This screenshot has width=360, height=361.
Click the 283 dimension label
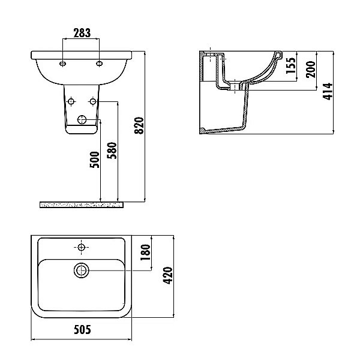tap(82, 33)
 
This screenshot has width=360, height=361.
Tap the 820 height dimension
tap(139, 125)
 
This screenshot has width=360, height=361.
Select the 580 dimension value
tap(112, 151)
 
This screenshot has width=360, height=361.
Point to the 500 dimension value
tap(94, 160)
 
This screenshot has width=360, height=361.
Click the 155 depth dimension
tap(290, 65)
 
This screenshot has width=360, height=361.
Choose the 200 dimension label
tap(311, 70)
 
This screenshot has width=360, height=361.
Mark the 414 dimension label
tap(328, 91)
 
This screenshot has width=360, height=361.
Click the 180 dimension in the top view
tap(145, 252)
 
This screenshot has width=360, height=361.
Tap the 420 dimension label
tap(167, 275)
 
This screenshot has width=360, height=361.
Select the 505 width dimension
tap(82, 329)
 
